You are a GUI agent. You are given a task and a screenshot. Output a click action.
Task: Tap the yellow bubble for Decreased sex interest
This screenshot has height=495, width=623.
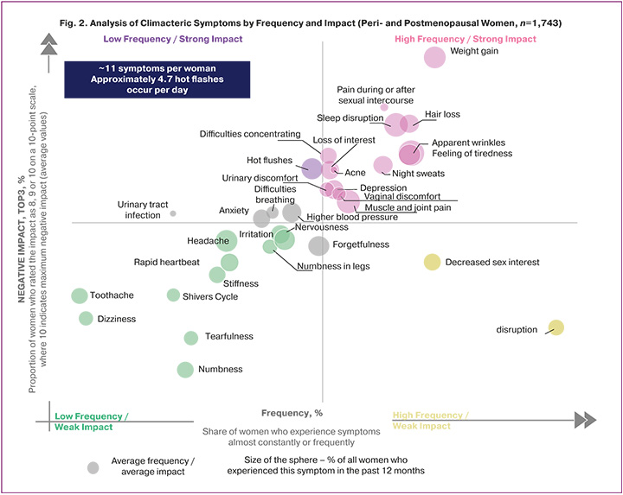pyautogui.click(x=432, y=262)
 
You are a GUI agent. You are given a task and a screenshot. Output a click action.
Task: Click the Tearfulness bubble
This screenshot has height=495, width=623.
pyautogui.click(x=191, y=337)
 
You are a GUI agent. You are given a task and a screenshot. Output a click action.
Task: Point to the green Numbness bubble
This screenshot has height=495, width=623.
pyautogui.click(x=185, y=370)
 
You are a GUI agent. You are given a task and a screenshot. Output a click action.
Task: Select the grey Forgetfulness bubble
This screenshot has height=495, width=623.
pyautogui.click(x=318, y=245)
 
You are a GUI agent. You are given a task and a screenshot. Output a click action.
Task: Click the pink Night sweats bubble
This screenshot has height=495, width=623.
pyautogui.click(x=382, y=164)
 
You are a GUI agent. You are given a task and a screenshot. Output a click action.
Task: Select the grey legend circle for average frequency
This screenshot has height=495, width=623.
pyautogui.click(x=93, y=467)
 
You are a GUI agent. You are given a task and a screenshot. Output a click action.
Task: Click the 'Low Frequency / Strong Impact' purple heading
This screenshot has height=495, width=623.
pyautogui.click(x=173, y=39)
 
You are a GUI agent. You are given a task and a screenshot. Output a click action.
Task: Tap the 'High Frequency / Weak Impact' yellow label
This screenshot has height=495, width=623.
pyautogui.click(x=430, y=420)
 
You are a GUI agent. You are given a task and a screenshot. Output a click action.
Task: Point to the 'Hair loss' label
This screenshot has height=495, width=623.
pyautogui.click(x=442, y=114)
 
